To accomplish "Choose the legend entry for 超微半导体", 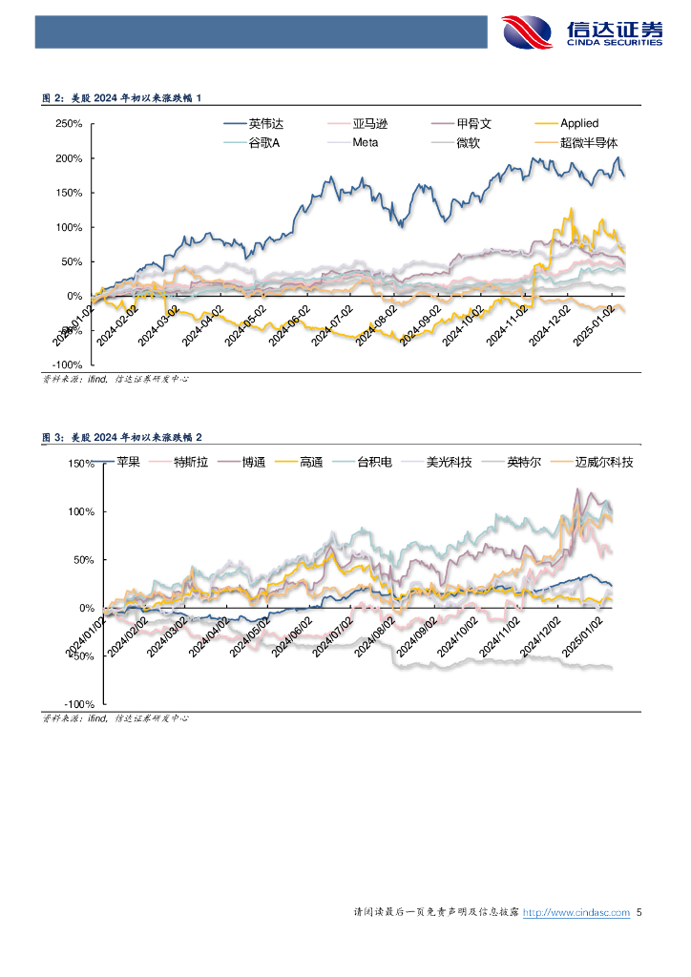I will (584, 143).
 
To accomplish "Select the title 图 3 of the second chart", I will (122, 436).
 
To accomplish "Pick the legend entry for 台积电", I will (375, 462).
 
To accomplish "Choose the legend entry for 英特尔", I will (524, 462).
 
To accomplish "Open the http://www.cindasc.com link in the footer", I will (576, 913).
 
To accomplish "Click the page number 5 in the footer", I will (639, 913).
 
